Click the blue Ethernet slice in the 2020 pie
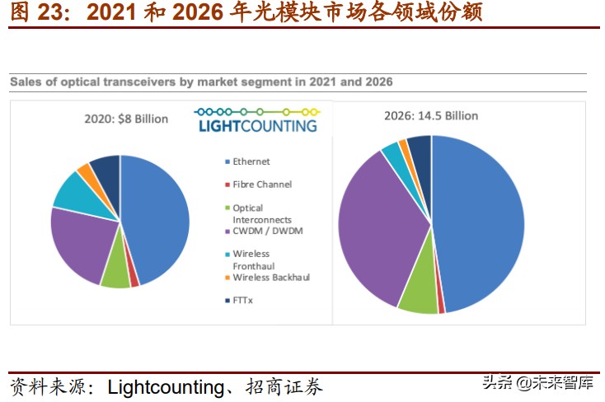pos(157,214)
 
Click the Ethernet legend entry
pos(251,161)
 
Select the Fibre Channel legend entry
pos(261,185)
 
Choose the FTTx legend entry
pos(244,301)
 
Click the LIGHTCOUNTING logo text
pos(258,125)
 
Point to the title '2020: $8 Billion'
pos(126,119)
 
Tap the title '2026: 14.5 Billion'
pos(431,115)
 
